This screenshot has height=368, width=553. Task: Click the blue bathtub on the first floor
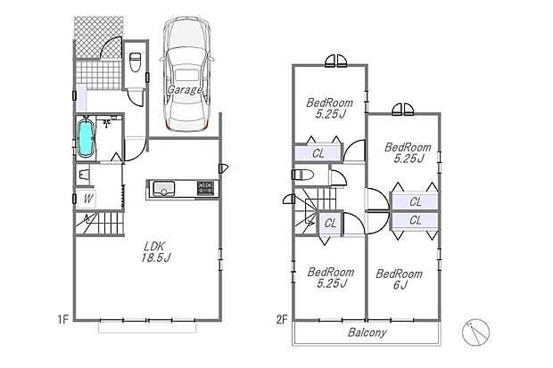point(86,137)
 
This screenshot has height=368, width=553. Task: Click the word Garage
point(185,90)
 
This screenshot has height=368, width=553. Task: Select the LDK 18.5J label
point(155,251)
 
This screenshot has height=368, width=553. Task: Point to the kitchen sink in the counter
point(163,188)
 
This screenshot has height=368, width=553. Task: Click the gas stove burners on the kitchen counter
point(205,188)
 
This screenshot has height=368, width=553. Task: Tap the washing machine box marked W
point(87,199)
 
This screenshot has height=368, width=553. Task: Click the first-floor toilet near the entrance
point(136,61)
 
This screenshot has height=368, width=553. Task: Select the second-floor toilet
point(303,175)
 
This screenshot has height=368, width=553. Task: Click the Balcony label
point(367,332)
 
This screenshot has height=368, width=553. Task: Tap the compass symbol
point(475,332)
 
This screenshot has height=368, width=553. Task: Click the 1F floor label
point(62,320)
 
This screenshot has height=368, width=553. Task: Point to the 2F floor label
point(282,320)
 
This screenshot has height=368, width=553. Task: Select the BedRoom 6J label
point(399,279)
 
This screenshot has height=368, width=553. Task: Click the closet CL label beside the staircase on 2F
point(330,223)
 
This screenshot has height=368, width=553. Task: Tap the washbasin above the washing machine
point(84,175)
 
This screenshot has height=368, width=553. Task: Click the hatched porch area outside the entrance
point(98,37)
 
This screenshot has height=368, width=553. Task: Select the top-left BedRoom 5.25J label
point(329,108)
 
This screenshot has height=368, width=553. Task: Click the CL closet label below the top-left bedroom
point(318,153)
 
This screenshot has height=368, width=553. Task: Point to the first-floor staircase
point(100,223)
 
